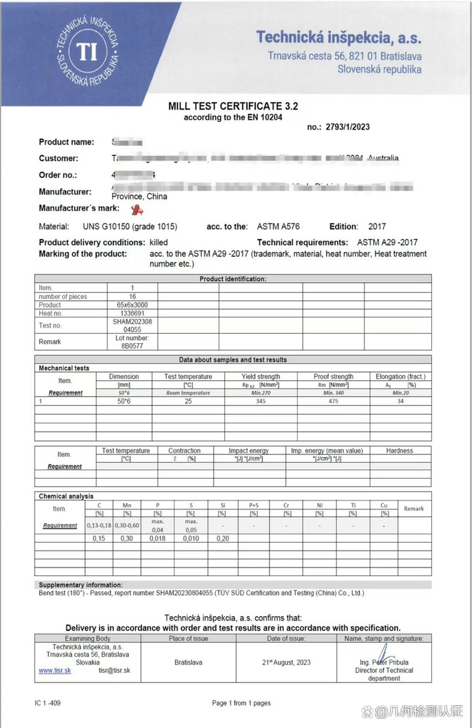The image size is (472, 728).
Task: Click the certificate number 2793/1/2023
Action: pyautogui.click(x=347, y=127)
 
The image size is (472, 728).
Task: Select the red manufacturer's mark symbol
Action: pyautogui.click(x=137, y=209)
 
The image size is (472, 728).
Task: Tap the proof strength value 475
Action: pyautogui.click(x=333, y=401)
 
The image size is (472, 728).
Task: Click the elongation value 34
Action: pyautogui.click(x=400, y=401)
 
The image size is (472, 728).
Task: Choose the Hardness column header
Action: pyautogui.click(x=399, y=450)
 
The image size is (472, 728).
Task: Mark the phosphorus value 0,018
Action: pyautogui.click(x=157, y=538)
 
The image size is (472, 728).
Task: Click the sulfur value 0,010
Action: pyautogui.click(x=191, y=538)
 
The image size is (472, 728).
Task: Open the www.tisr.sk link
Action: pyautogui.click(x=54, y=670)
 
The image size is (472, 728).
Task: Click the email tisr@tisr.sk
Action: pyautogui.click(x=114, y=670)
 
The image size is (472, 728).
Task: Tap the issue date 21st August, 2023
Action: pyautogui.click(x=286, y=662)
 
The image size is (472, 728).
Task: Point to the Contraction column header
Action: pyautogui.click(x=184, y=450)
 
